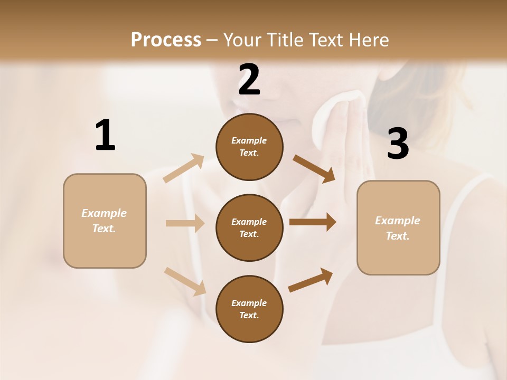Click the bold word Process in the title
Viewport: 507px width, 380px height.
click(x=166, y=40)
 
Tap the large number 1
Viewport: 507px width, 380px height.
click(x=105, y=136)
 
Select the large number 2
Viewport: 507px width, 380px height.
click(x=249, y=80)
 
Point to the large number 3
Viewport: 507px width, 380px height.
click(x=398, y=144)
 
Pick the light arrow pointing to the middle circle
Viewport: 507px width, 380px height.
click(x=185, y=223)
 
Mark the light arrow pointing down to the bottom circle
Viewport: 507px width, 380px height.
click(x=185, y=281)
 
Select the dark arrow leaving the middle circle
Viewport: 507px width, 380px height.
click(x=313, y=222)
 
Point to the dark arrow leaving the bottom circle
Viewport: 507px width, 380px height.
click(x=311, y=280)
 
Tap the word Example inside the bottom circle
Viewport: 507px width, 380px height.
click(x=249, y=303)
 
